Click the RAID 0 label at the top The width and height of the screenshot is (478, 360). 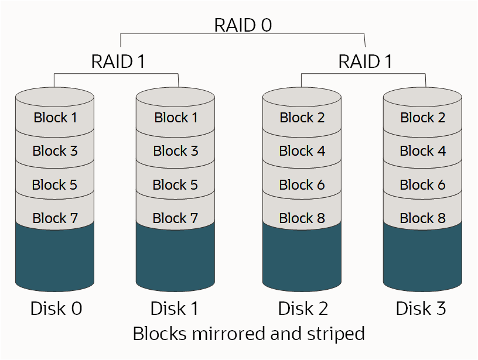click(243, 25)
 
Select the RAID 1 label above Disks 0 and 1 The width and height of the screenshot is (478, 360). click(118, 61)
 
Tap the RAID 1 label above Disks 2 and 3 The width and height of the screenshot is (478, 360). click(365, 61)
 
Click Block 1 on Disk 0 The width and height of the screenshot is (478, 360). click(55, 118)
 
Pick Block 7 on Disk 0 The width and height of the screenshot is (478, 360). click(55, 218)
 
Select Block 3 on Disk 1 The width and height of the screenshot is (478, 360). click(175, 151)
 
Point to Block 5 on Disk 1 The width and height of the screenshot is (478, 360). click(175, 185)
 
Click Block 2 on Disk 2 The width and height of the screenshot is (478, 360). click(302, 118)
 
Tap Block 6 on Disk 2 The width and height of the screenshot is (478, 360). click(302, 185)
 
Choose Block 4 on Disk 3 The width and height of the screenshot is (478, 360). click(422, 151)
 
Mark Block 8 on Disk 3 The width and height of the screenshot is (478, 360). click(422, 218)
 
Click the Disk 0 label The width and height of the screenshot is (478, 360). click(56, 308)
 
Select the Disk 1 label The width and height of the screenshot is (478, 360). click(176, 308)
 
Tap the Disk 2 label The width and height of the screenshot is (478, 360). click(303, 308)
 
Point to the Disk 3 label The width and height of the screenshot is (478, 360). click(421, 308)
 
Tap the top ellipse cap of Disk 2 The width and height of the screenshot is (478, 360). click(302, 96)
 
